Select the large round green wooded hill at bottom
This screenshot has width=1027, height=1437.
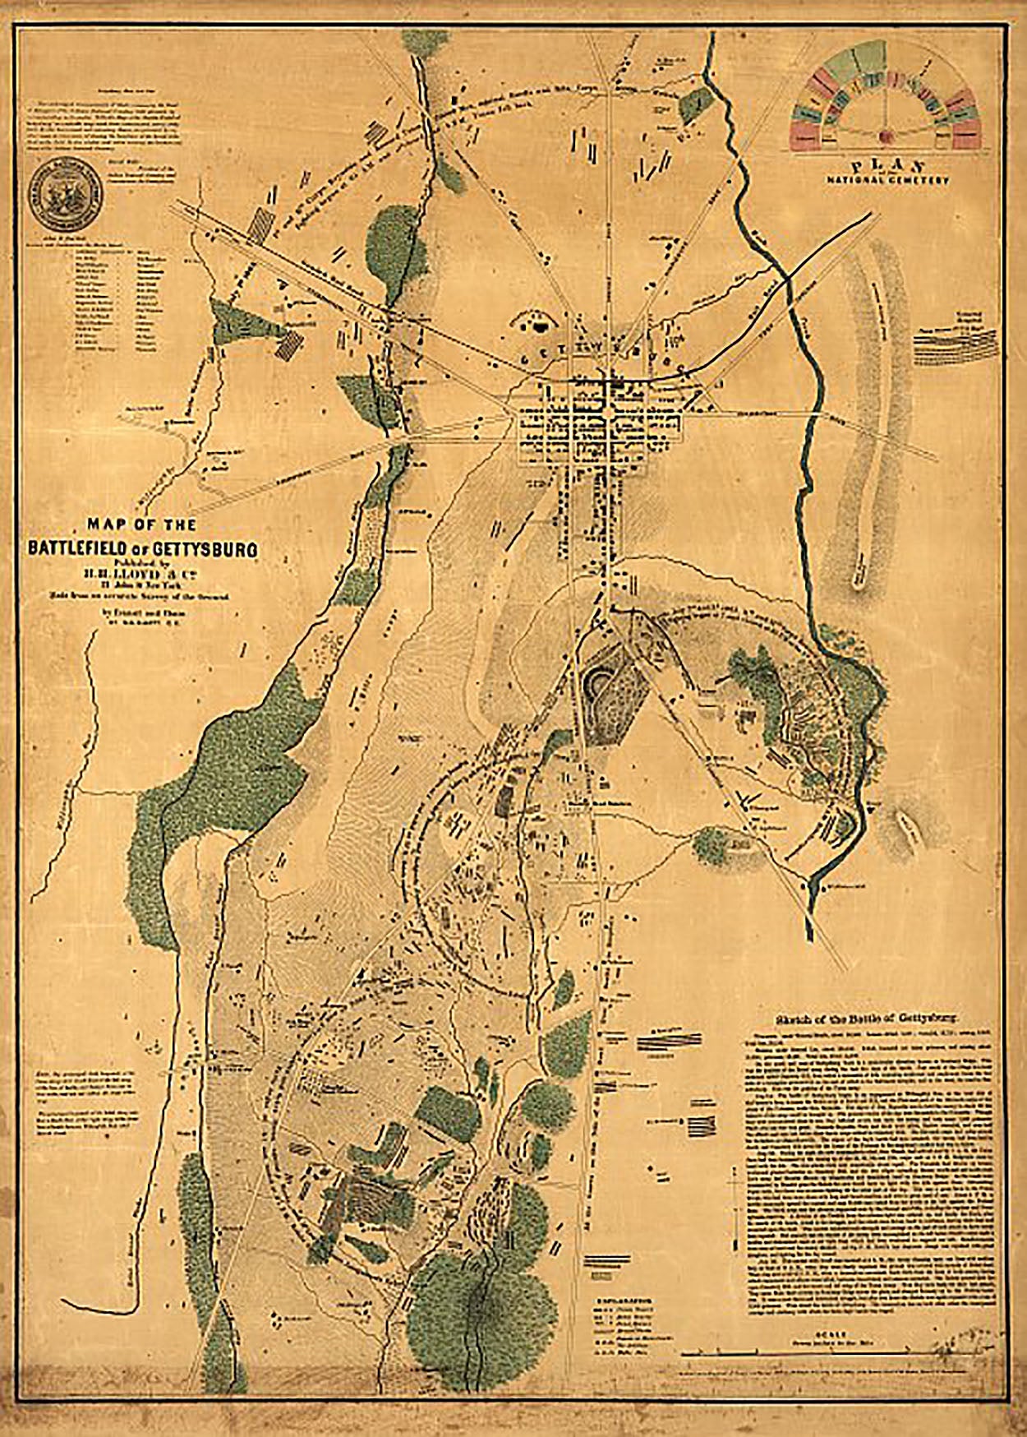coord(472,1307)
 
